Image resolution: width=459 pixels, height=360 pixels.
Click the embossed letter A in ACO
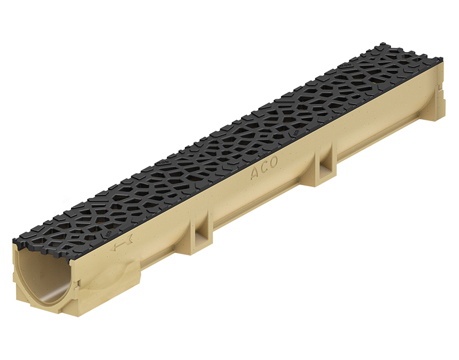coord(255,174)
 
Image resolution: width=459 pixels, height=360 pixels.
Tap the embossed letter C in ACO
coord(263,168)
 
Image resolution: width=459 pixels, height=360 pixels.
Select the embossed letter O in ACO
coord(273,162)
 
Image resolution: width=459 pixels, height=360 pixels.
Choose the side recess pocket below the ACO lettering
coord(326,170)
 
